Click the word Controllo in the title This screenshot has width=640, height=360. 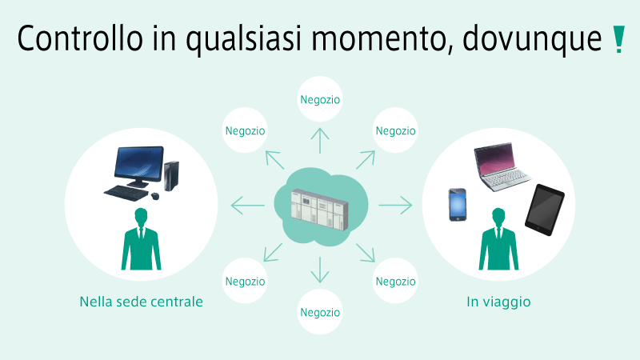[x=80, y=38]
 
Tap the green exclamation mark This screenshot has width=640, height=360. [x=618, y=39]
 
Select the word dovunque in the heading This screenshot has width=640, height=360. [x=532, y=40]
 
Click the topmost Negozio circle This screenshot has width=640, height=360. [x=320, y=99]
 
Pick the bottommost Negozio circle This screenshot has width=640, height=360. [x=320, y=312]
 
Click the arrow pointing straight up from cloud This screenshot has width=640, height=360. [x=320, y=141]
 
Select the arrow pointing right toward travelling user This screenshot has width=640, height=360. [x=395, y=205]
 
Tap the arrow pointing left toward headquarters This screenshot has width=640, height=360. [x=248, y=205]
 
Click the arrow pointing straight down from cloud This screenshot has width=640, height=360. [x=320, y=270]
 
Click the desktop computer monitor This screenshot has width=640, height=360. [x=138, y=166]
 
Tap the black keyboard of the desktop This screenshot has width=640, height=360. [x=126, y=194]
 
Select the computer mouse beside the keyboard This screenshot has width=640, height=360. [x=155, y=196]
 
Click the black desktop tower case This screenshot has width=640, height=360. [x=171, y=176]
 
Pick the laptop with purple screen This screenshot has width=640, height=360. [x=502, y=166]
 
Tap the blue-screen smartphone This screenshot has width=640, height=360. [x=458, y=205]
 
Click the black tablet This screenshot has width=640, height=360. [x=545, y=210]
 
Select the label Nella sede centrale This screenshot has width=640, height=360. [x=142, y=302]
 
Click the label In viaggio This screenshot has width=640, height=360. [x=498, y=302]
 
